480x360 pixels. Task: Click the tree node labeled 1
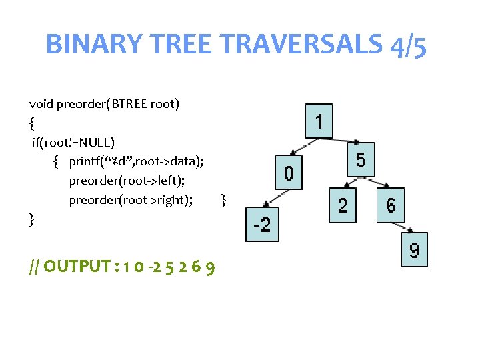pyautogui.click(x=319, y=121)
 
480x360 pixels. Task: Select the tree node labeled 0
pyautogui.click(x=287, y=173)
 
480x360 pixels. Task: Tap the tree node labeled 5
pyautogui.click(x=360, y=159)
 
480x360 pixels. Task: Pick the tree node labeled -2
pyautogui.click(x=262, y=225)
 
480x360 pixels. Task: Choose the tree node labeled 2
pyautogui.click(x=342, y=205)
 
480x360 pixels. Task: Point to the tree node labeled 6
pyautogui.click(x=391, y=205)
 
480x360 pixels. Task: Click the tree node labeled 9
pyautogui.click(x=414, y=250)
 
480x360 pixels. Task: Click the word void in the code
pyautogui.click(x=41, y=104)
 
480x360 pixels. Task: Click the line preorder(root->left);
pyautogui.click(x=127, y=181)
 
